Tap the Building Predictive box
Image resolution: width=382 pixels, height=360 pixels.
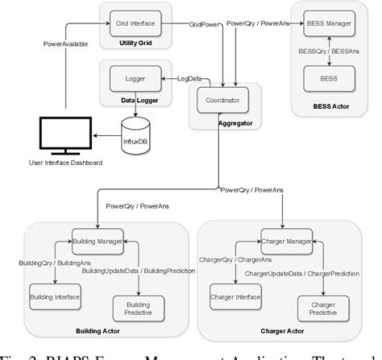click(x=137, y=306)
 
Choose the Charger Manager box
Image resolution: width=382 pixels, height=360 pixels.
click(x=285, y=241)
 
